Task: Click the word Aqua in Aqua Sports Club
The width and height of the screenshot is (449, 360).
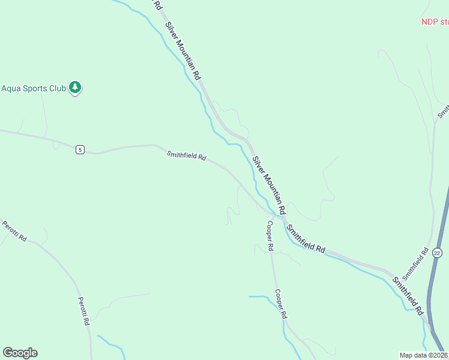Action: coord(11,88)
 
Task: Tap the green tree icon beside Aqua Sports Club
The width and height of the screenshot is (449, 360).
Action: coord(75,88)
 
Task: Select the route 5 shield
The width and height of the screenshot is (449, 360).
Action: coord(80,149)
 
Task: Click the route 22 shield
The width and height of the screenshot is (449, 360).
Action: coord(437,253)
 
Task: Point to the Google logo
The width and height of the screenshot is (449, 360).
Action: coord(20,353)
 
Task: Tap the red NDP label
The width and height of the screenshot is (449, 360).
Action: coord(429,22)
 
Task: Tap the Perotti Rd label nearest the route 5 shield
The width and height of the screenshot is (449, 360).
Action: coord(15,230)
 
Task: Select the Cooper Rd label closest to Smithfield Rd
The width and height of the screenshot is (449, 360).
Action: coord(270,235)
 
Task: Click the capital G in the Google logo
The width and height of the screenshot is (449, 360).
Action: coord(8,353)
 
